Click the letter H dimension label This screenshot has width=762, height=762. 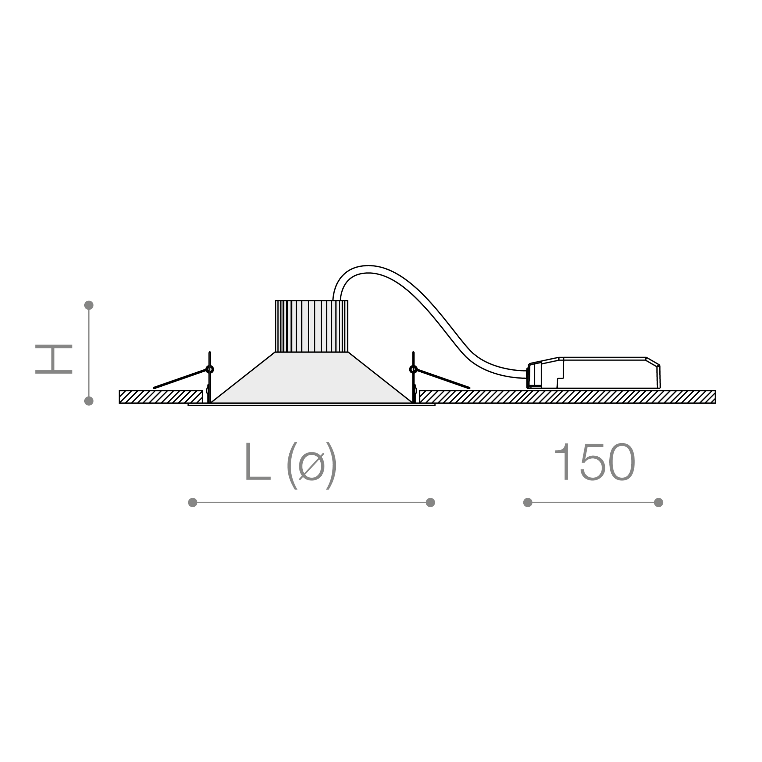pos(54,359)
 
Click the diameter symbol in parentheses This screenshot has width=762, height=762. pos(312,466)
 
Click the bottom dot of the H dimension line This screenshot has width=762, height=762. pos(89,401)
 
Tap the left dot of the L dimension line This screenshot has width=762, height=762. pos(193,502)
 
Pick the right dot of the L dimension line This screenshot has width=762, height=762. pos(430,502)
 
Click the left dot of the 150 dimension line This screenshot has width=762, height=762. pos(528,502)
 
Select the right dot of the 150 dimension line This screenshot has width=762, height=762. pos(658,502)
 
